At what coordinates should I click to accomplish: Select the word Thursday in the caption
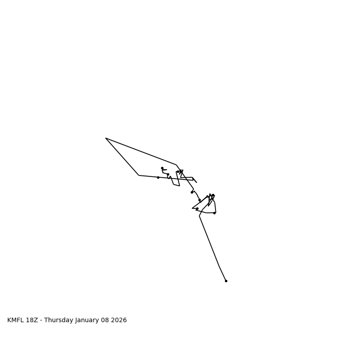click(x=58, y=320)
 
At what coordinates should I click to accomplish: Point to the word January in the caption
click(x=88, y=320)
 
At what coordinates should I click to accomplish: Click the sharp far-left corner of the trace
click(x=106, y=138)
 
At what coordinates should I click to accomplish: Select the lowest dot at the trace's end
click(x=226, y=281)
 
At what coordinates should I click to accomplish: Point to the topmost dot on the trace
click(x=162, y=168)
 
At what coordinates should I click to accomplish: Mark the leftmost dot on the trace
click(x=158, y=177)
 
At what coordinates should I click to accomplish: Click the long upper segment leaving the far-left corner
click(x=141, y=151)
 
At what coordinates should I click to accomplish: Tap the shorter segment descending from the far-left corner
click(x=122, y=157)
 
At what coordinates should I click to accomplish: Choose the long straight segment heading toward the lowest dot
click(x=209, y=241)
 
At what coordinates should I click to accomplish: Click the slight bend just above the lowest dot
click(x=219, y=266)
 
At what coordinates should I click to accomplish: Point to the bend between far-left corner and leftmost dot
click(x=139, y=175)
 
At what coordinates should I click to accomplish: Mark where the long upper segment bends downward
click(x=176, y=165)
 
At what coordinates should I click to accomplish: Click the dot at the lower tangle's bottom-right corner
click(x=214, y=213)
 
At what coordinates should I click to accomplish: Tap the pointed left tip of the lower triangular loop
click(x=193, y=208)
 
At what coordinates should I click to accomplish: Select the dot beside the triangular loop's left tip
click(x=197, y=208)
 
